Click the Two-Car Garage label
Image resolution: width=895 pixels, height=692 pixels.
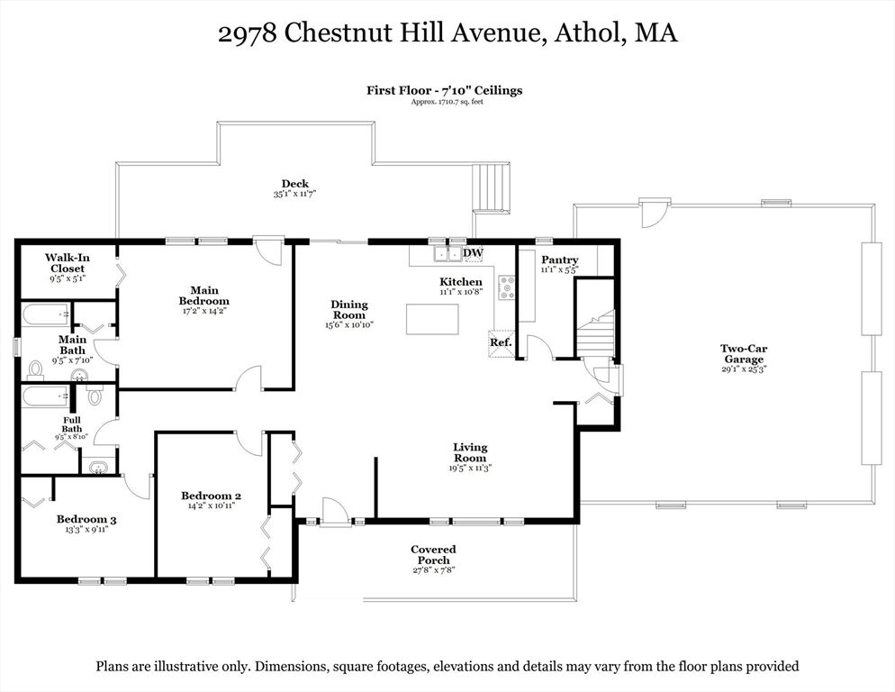743,354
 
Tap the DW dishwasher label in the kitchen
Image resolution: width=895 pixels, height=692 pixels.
474,252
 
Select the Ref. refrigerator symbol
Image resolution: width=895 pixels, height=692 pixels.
501,343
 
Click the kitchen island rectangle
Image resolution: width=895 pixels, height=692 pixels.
432,319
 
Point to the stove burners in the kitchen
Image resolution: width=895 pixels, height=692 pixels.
507,287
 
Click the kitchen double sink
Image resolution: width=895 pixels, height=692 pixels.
447,253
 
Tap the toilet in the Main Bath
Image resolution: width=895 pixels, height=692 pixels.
36,370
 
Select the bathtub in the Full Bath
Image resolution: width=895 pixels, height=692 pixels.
46,395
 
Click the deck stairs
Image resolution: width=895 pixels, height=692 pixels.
492,187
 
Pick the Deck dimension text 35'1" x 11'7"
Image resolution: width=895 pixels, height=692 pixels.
294,194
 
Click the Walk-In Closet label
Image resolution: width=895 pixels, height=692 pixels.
68,263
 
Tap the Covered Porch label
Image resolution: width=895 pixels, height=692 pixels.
433,555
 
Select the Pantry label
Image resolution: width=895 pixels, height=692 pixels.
560,259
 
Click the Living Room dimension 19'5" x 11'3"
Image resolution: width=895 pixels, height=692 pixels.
470,468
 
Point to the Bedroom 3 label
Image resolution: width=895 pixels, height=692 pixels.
86,519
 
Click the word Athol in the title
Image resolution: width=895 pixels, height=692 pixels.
587,32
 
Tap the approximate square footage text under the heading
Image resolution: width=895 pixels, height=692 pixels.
447,102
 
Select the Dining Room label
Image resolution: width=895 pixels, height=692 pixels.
349,310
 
